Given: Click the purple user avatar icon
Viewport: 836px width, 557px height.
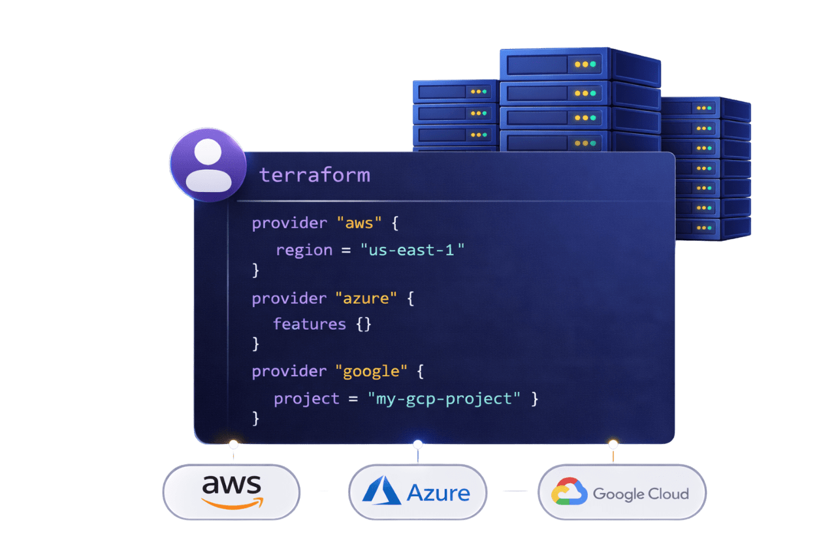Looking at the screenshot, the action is pos(208,164).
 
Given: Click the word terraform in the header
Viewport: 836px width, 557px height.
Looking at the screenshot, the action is pos(314,175).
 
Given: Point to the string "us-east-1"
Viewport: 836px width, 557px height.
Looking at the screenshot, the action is pos(412,250).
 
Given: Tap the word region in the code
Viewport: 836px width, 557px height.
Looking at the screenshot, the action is pos(304,250).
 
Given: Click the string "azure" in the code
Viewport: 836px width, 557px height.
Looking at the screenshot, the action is pos(366,298).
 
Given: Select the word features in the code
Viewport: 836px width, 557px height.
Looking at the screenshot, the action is pos(310,324).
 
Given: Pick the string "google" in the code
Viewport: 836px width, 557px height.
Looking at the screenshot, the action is pos(371,371).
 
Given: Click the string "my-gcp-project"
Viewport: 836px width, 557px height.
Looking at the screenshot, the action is pos(444,398).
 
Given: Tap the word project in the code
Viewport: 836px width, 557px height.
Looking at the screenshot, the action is pos(306,398).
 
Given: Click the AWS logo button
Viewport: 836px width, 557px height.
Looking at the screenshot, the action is pos(231,492).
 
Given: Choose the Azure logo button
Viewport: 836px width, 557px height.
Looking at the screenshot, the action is pos(417,492).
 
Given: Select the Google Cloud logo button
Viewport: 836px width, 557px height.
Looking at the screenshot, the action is pos(621,492).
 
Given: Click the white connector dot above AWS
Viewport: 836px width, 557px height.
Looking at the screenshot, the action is pos(233,445).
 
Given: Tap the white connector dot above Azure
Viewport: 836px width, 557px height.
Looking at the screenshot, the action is pos(418,445).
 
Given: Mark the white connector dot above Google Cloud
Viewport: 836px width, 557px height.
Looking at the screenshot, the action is pos(613,444).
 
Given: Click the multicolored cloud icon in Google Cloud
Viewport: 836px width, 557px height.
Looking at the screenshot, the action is pos(569,492).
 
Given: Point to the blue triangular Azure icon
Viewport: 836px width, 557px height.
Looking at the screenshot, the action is pos(381,491).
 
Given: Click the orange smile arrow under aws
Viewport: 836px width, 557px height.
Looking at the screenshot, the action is pos(232,503).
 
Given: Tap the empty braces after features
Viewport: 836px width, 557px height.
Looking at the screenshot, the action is pos(364,324).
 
